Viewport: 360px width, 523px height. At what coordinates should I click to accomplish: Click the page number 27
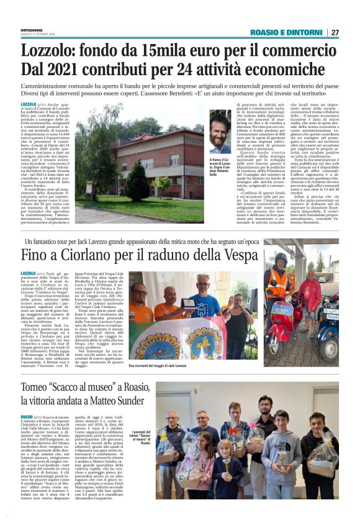pos(335,32)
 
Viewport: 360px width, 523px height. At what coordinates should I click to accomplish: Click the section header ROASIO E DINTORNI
pos(286,32)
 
